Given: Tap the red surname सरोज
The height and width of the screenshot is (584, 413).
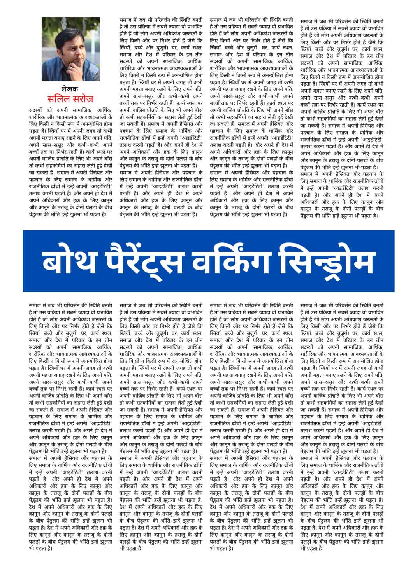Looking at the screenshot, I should point(82,98).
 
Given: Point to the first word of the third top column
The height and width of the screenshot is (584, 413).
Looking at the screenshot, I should point(217,19).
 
